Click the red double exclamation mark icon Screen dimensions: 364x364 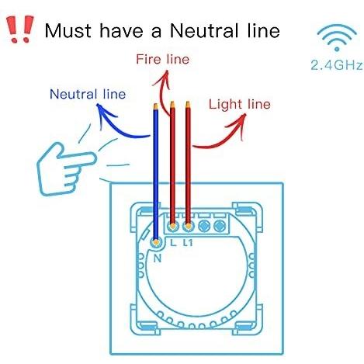(20, 29)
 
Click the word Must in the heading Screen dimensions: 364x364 (68, 31)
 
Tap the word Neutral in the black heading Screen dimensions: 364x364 (204, 31)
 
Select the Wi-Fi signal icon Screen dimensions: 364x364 (337, 38)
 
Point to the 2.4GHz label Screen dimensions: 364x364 (337, 65)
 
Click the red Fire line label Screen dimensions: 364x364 (163, 59)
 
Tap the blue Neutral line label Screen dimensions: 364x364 (88, 94)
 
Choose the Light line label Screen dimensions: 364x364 (240, 104)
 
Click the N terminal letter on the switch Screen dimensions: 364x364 (158, 258)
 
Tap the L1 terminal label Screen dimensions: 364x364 (188, 243)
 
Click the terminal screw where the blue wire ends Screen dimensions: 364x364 (156, 242)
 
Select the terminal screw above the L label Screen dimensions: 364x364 (172, 227)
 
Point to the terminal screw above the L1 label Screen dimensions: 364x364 (188, 227)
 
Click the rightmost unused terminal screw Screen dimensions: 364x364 (220, 226)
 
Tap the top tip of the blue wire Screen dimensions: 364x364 (156, 104)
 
